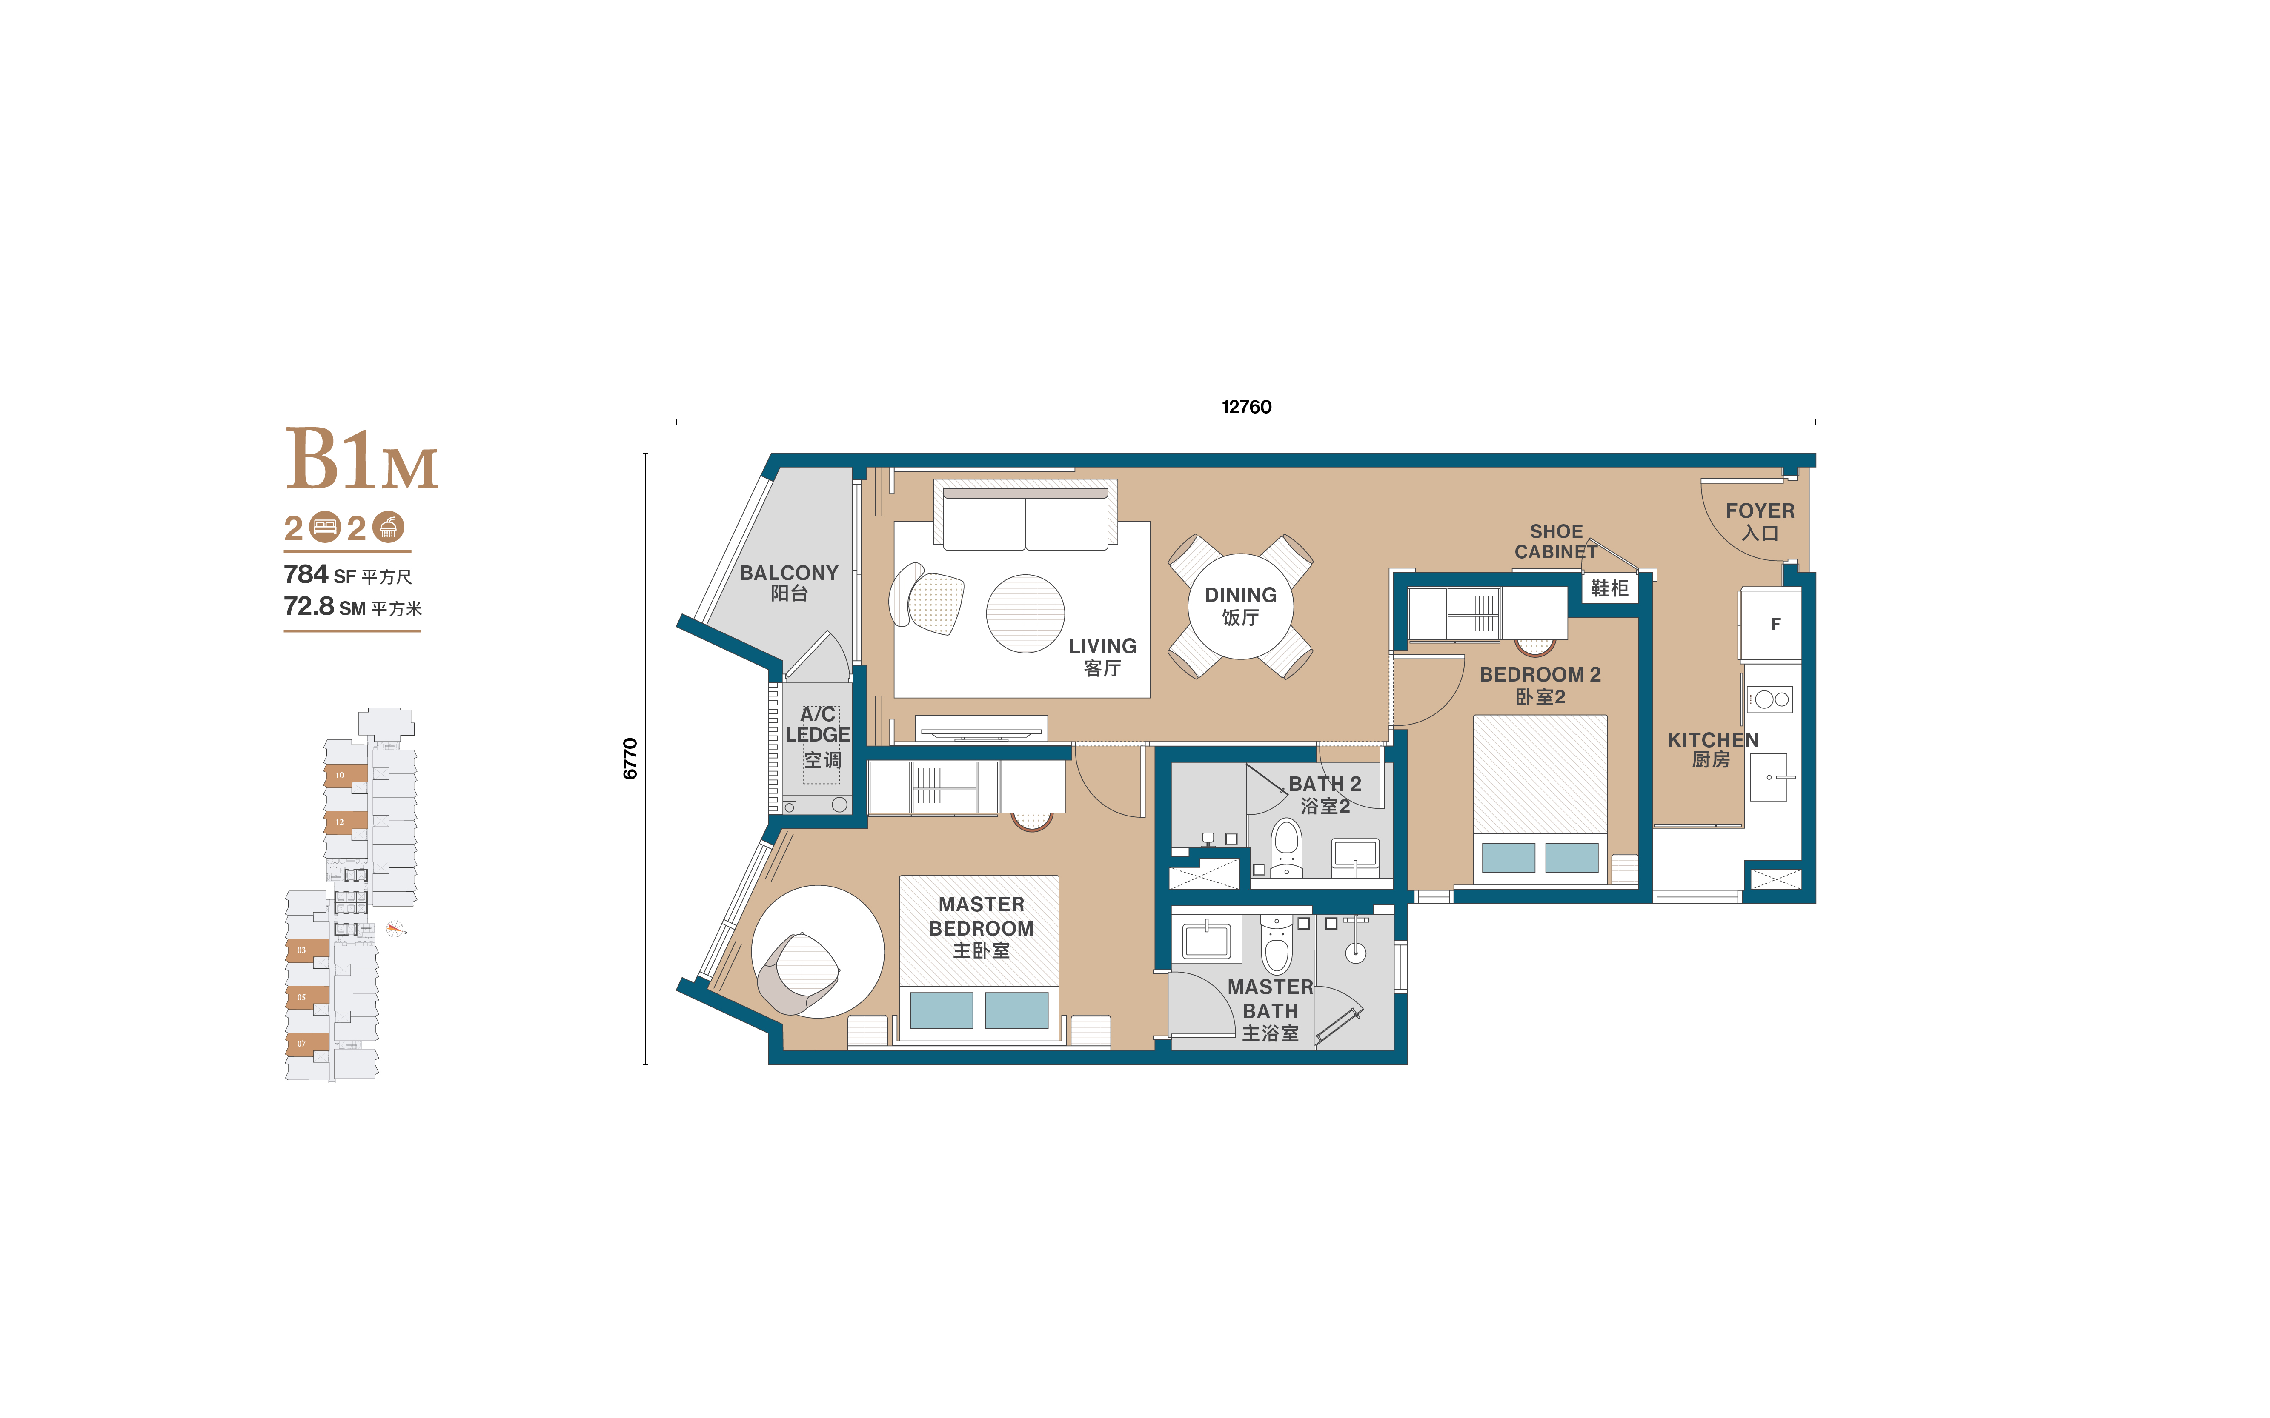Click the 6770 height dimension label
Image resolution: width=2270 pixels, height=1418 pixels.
tap(630, 759)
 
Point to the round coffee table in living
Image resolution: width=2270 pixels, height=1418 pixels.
tap(1025, 613)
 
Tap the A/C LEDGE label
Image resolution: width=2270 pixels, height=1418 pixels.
tap(817, 725)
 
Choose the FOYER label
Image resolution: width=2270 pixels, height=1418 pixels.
tap(1760, 511)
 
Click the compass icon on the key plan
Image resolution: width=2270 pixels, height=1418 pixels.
tap(395, 928)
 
